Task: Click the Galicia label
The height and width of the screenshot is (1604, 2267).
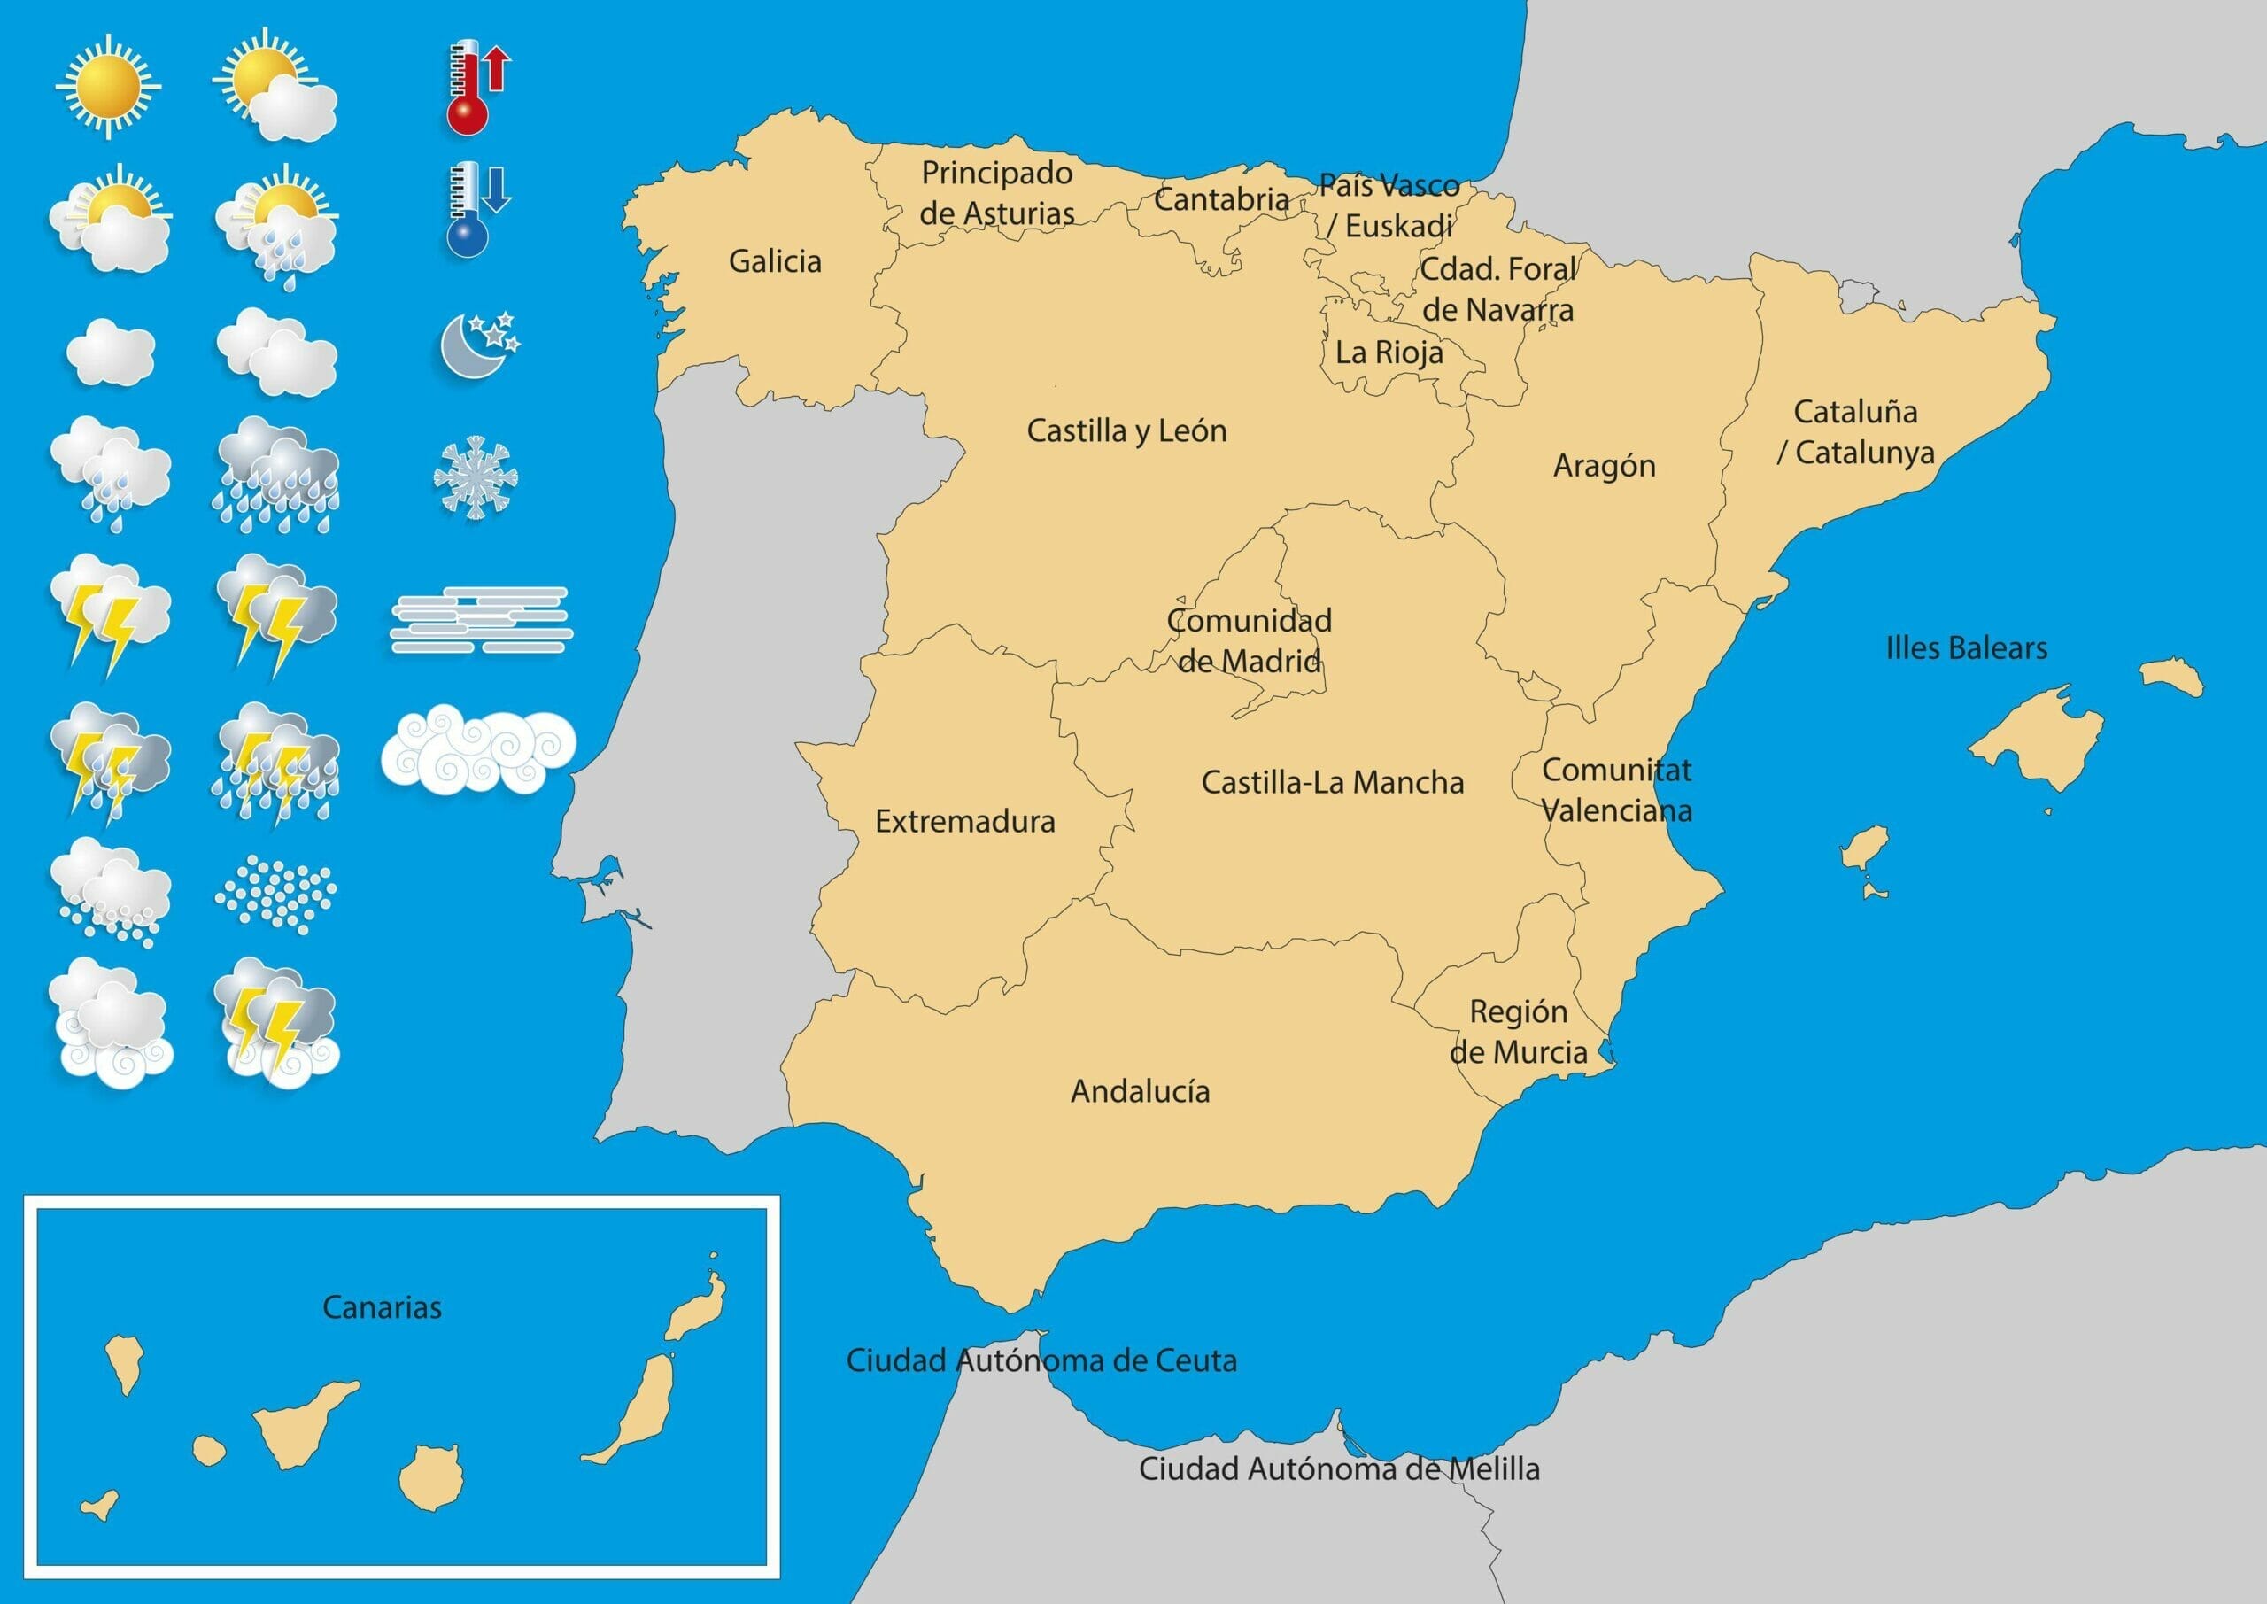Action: click(x=775, y=262)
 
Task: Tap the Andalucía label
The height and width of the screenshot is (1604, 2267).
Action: click(x=1141, y=1091)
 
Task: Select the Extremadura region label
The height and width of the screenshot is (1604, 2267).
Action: click(x=964, y=822)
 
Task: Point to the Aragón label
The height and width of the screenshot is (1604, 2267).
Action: click(x=1605, y=466)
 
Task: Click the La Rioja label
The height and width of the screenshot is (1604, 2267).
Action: click(x=1389, y=353)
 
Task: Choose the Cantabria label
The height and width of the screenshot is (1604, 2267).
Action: click(x=1221, y=199)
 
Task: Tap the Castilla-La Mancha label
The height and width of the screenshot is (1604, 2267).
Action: click(x=1333, y=782)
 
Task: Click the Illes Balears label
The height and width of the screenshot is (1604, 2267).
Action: click(x=1967, y=649)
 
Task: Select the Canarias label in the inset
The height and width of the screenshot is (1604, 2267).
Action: click(x=382, y=1307)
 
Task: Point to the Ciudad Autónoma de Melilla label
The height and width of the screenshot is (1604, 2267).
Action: click(x=1340, y=1468)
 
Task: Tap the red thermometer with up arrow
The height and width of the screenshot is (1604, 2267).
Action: click(x=474, y=87)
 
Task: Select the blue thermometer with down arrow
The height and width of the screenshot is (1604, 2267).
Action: click(x=474, y=209)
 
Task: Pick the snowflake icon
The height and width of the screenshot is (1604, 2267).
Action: click(x=476, y=477)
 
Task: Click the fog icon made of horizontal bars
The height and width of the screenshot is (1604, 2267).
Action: click(x=481, y=620)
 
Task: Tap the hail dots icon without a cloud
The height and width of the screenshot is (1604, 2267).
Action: click(x=275, y=894)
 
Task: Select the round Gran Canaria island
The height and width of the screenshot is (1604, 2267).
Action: click(x=431, y=1477)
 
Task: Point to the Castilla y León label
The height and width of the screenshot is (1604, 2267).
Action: click(x=1126, y=430)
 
